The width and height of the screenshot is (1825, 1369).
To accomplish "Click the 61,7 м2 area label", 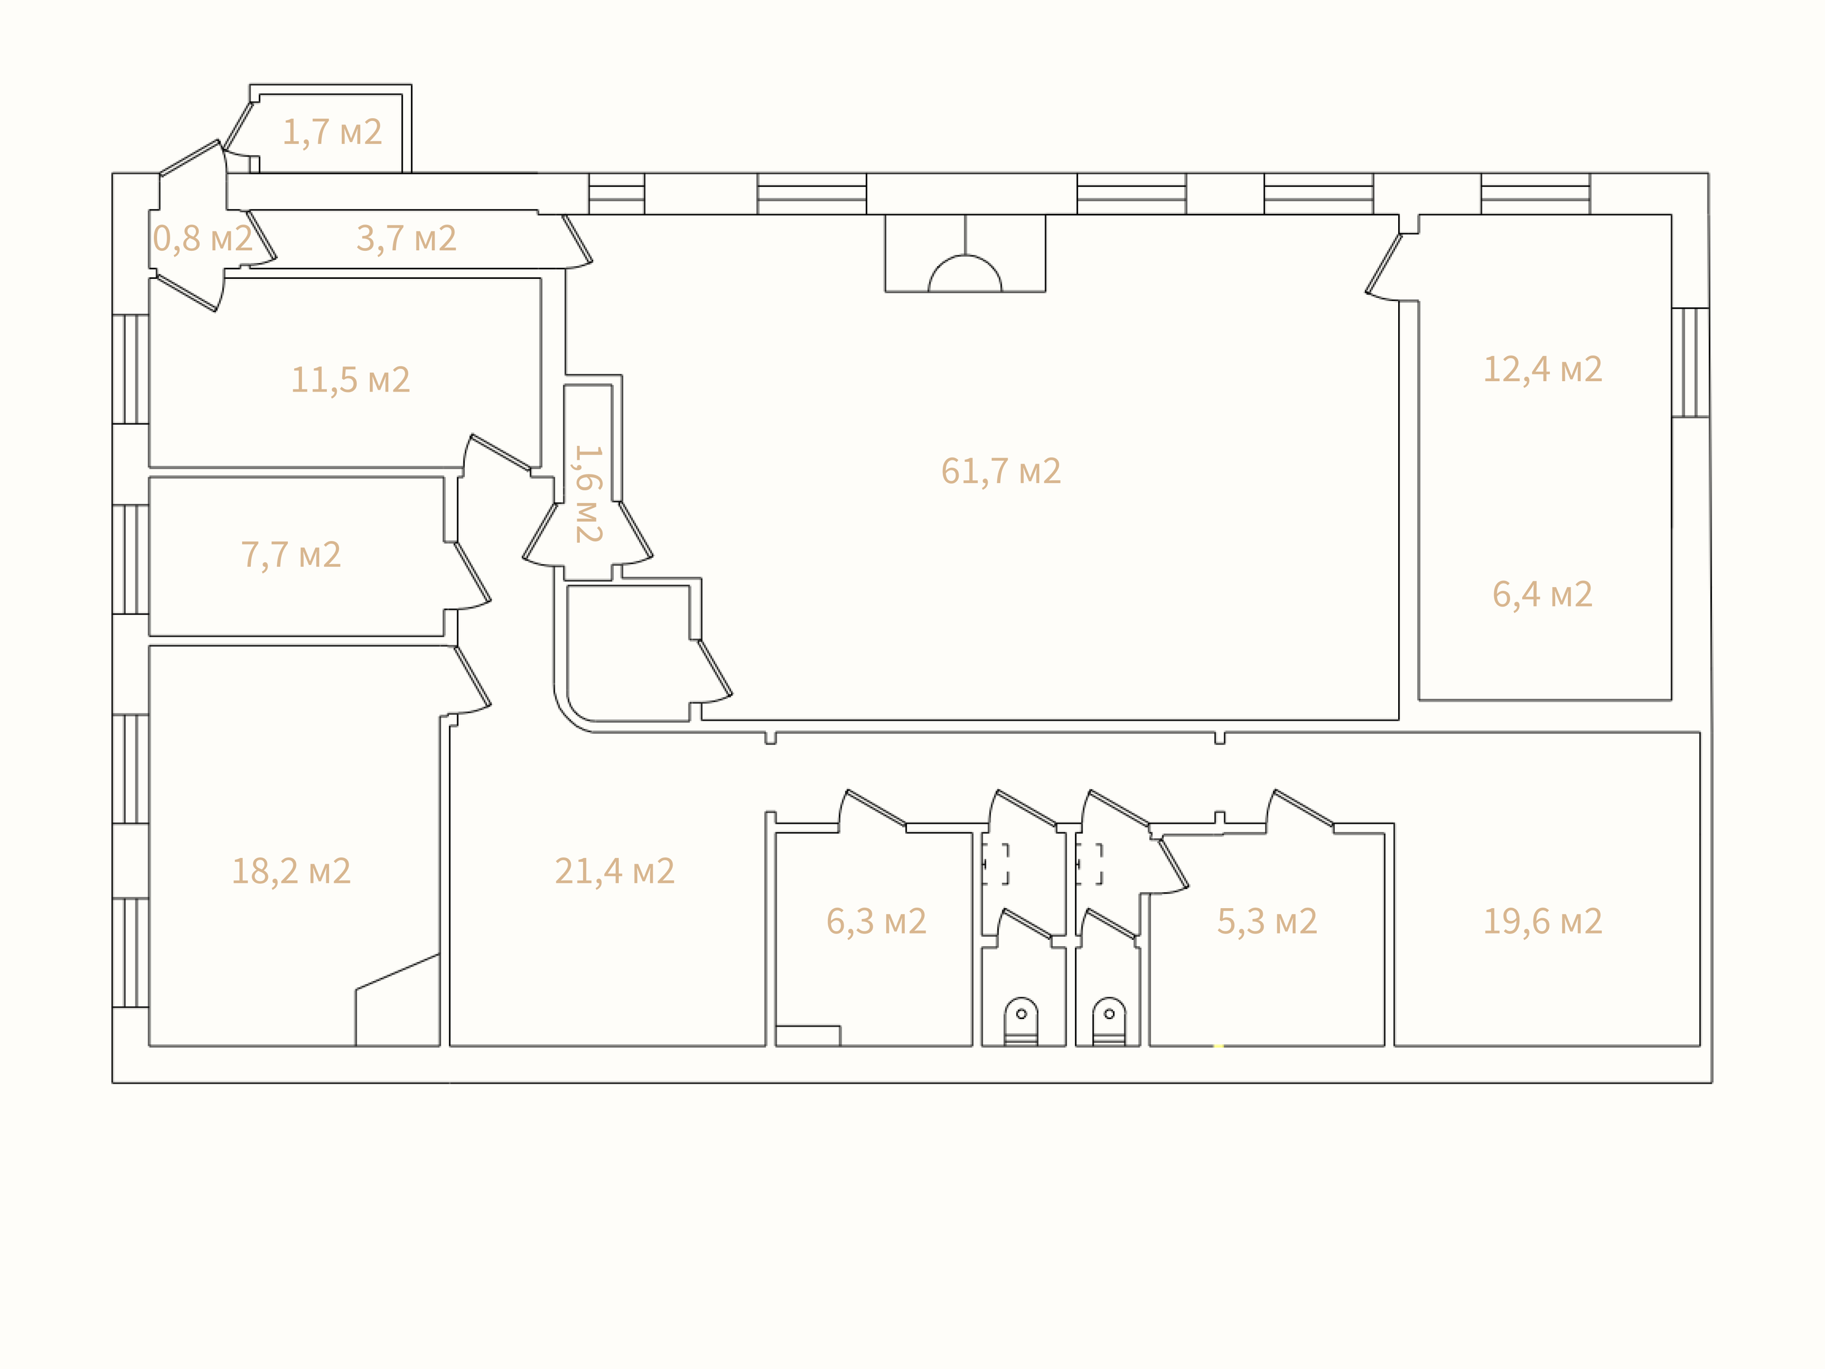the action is click(x=1001, y=471).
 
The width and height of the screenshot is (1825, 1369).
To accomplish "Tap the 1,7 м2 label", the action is click(x=333, y=132).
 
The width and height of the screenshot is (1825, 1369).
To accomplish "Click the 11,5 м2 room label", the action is click(x=351, y=379).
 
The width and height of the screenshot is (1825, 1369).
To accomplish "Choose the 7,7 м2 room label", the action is click(x=291, y=555).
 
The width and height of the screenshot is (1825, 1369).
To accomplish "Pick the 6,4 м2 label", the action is click(x=1542, y=594).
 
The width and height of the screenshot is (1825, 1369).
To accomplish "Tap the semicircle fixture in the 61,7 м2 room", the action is click(x=965, y=258).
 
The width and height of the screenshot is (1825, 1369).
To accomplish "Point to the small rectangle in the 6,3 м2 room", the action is click(x=808, y=1036).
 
